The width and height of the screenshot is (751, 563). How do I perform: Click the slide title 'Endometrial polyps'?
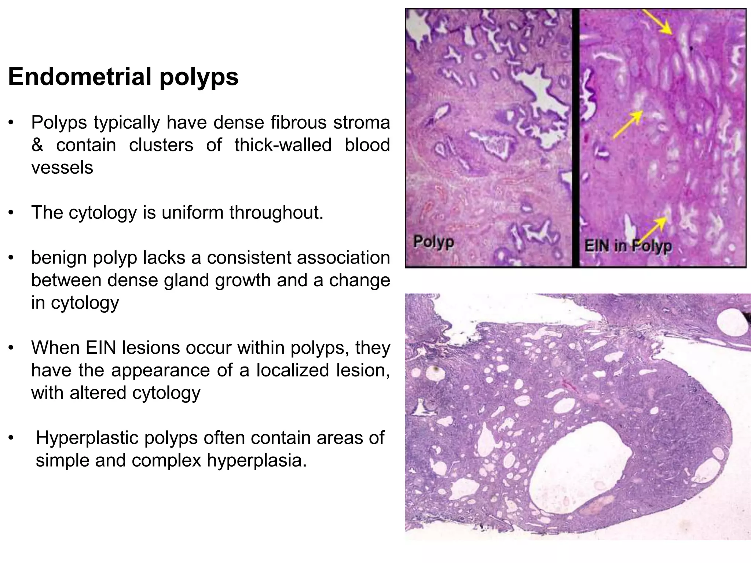pyautogui.click(x=123, y=77)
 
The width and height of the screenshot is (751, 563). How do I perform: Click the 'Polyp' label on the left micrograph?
pyautogui.click(x=433, y=242)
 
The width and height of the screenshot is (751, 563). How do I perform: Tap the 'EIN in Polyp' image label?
pyautogui.click(x=628, y=246)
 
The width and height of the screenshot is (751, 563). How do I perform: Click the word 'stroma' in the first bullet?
pyautogui.click(x=362, y=122)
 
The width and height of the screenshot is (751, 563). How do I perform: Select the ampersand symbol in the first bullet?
pyautogui.click(x=37, y=145)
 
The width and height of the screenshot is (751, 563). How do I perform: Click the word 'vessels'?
pyautogui.click(x=62, y=168)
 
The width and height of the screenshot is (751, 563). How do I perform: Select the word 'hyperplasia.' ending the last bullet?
pyautogui.click(x=257, y=460)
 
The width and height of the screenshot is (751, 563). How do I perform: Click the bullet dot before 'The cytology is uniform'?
pyautogui.click(x=12, y=213)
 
